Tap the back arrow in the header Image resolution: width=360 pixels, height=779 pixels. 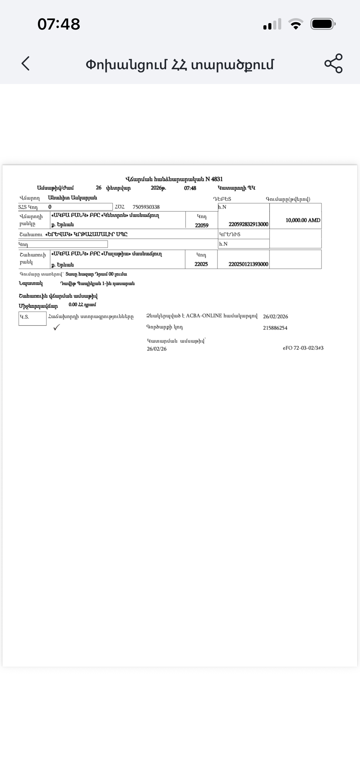pyautogui.click(x=26, y=63)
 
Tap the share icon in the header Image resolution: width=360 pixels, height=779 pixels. pyautogui.click(x=333, y=63)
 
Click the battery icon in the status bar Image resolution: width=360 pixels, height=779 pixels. pyautogui.click(x=322, y=24)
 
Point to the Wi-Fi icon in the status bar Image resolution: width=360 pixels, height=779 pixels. pyautogui.click(x=295, y=24)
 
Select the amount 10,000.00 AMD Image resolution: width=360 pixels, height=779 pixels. pyautogui.click(x=303, y=220)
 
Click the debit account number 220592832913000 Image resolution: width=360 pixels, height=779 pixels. pyautogui.click(x=248, y=224)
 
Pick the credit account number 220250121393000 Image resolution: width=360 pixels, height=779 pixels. pyautogui.click(x=248, y=264)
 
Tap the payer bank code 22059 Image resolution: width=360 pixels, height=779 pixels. pyautogui.click(x=202, y=225)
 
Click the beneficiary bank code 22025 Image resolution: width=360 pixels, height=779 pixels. pyautogui.click(x=201, y=264)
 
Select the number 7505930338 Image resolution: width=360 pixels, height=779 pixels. pyautogui.click(x=146, y=207)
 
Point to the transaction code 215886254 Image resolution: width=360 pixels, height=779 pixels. pyautogui.click(x=275, y=328)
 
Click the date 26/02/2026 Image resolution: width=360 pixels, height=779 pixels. pyautogui.click(x=275, y=317)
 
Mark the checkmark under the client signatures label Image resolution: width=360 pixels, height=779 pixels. pyautogui.click(x=57, y=328)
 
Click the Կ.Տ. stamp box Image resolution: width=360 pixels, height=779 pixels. pyautogui.click(x=32, y=318)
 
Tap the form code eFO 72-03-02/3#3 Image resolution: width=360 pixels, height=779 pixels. pyautogui.click(x=303, y=348)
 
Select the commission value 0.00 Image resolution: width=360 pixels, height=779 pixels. pyautogui.click(x=73, y=305)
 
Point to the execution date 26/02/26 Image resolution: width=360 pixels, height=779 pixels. pyautogui.click(x=157, y=349)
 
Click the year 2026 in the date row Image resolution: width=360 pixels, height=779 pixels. pyautogui.click(x=158, y=188)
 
